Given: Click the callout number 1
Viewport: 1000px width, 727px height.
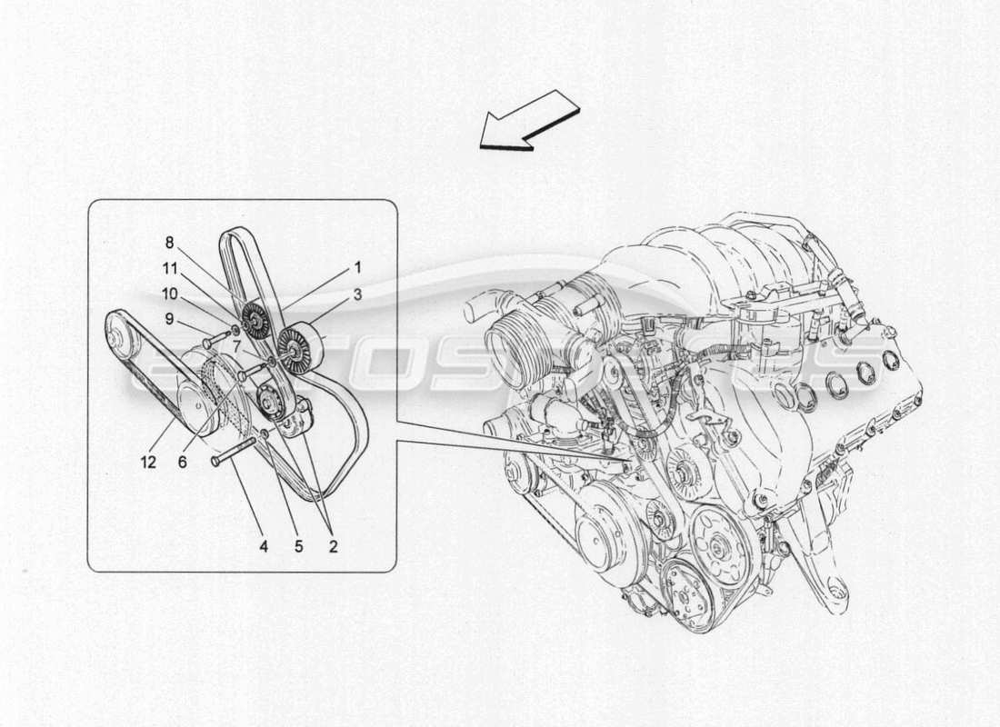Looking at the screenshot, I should click(x=357, y=267).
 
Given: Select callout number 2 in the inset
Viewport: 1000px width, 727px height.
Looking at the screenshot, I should click(x=333, y=546).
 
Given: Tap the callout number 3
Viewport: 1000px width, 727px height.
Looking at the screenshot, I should click(x=357, y=294).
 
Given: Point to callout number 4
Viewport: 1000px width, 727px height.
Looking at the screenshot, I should click(x=264, y=546).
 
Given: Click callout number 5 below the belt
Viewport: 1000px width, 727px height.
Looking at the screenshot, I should click(x=298, y=546).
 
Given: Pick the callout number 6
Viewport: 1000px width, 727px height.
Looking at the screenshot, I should click(x=182, y=462).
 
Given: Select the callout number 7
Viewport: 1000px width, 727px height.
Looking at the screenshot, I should click(x=235, y=345).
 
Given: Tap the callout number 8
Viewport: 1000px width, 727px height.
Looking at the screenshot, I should click(x=169, y=242).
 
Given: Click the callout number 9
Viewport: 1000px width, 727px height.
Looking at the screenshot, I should click(x=169, y=319).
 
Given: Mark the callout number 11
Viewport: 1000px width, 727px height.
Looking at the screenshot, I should click(x=169, y=268).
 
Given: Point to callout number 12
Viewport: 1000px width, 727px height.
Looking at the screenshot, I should click(x=148, y=462).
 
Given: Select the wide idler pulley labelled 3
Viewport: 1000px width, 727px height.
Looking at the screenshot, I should click(x=297, y=348).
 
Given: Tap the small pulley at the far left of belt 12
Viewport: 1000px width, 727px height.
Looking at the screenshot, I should click(x=120, y=336).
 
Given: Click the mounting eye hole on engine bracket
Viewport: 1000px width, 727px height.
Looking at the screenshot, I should click(x=837, y=590).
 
